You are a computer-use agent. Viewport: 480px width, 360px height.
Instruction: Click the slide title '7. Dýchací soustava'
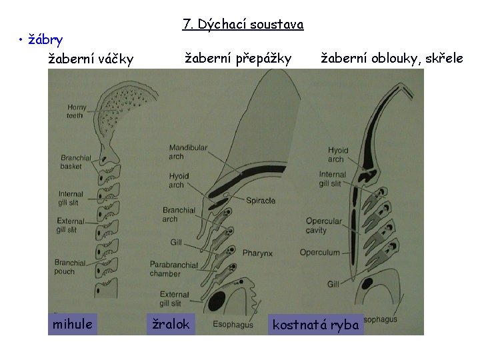[243, 25]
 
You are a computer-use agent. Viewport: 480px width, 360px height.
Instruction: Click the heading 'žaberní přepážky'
[238, 59]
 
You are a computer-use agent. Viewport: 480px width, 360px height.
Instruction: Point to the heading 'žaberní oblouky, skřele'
[392, 59]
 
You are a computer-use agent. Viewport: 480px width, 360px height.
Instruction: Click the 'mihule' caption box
[73, 324]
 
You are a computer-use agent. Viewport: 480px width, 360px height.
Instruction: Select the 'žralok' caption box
[171, 324]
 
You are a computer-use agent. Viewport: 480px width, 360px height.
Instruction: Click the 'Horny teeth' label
[76, 111]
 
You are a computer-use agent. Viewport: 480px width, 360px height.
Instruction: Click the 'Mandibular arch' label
[188, 151]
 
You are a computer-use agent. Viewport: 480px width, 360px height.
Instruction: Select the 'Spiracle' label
[261, 200]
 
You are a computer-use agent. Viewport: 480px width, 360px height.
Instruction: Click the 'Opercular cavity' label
[325, 225]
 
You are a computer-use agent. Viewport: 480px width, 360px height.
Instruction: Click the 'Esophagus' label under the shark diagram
[232, 325]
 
